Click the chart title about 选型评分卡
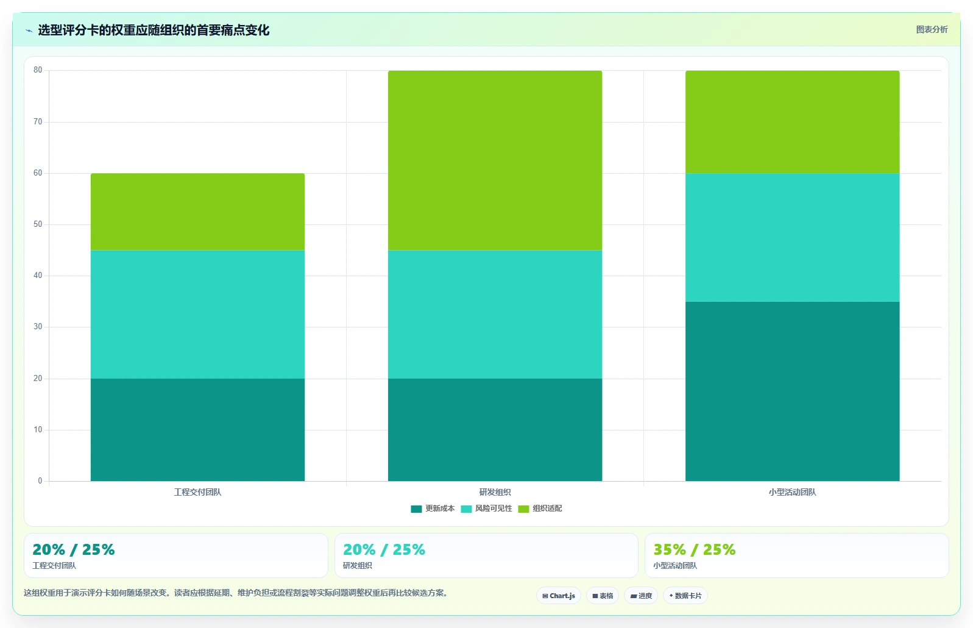pyautogui.click(x=154, y=30)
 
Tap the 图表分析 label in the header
pyautogui.click(x=932, y=29)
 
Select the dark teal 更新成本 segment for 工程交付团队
pyautogui.click(x=197, y=430)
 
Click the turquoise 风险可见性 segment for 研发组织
pyautogui.click(x=495, y=314)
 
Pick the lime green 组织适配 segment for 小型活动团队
pyautogui.click(x=792, y=122)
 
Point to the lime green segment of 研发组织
pyautogui.click(x=495, y=160)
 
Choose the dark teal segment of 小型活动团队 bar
pyautogui.click(x=792, y=391)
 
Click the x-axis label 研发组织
pyautogui.click(x=495, y=492)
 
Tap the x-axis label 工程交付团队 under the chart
pyautogui.click(x=197, y=492)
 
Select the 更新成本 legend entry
pyautogui.click(x=433, y=508)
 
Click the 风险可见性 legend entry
pyautogui.click(x=486, y=508)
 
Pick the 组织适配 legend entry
pyautogui.click(x=540, y=508)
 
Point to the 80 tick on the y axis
pyautogui.click(x=38, y=70)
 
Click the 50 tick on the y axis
pyautogui.click(x=38, y=224)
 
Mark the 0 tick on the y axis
pyautogui.click(x=40, y=480)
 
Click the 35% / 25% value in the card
pyautogui.click(x=694, y=550)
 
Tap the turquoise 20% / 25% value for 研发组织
pyautogui.click(x=384, y=550)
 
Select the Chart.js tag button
pyautogui.click(x=559, y=596)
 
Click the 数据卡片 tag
pyautogui.click(x=685, y=596)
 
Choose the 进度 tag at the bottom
pyautogui.click(x=641, y=596)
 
